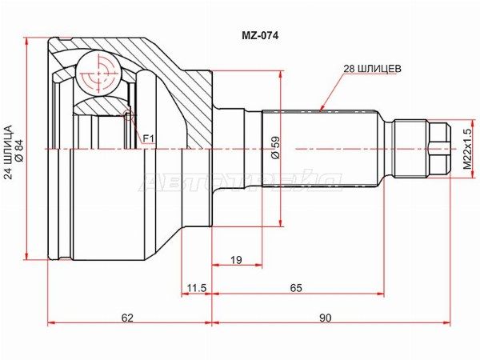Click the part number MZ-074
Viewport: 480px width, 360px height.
point(260,36)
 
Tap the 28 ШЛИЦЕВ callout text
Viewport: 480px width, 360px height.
point(372,69)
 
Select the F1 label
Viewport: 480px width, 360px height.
point(149,139)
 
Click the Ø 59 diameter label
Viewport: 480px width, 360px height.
point(275,147)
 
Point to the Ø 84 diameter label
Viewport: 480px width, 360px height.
point(18,150)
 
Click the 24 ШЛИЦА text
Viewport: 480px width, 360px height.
point(7,152)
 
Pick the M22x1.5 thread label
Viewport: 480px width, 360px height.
point(467,149)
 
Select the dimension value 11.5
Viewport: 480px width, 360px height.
point(197,288)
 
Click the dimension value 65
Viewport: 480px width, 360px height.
point(296,288)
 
